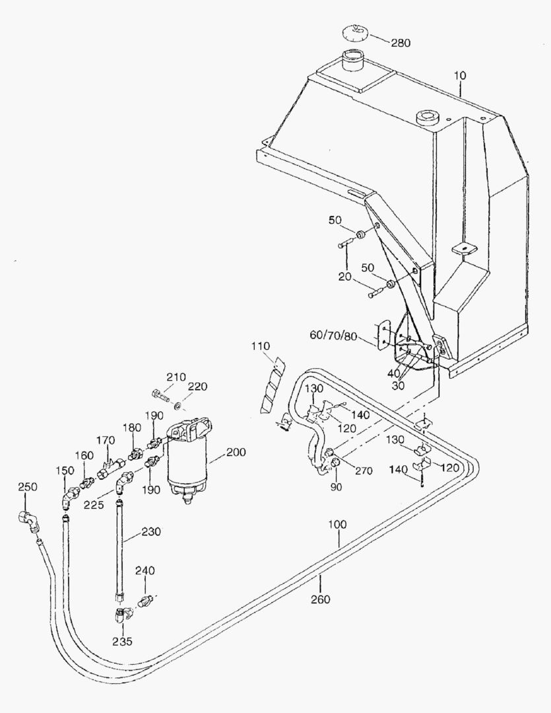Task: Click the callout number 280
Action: pos(401,43)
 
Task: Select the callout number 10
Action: pos(460,75)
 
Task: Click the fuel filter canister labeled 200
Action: pos(188,459)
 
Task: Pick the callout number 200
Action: pos(236,452)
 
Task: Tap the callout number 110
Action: pos(261,347)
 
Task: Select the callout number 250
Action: pos(28,487)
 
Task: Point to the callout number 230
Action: pos(151,531)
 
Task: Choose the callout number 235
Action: pos(123,641)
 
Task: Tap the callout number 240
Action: pos(145,570)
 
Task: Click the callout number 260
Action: pos(321,599)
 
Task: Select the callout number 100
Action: pos(337,524)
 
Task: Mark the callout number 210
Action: pos(176,377)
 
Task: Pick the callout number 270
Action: pos(364,470)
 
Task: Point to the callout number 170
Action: pos(106,440)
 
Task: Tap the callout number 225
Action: pos(94,505)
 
